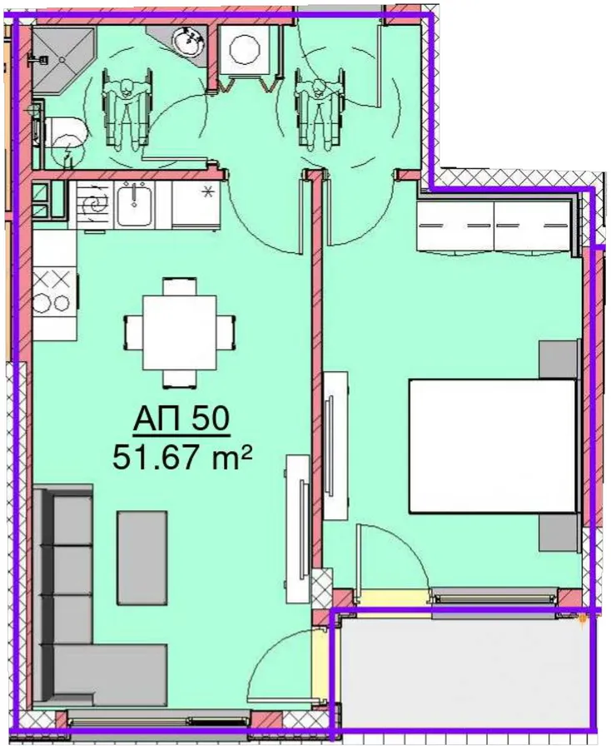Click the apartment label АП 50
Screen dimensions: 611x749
tap(181, 420)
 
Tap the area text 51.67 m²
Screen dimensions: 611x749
tap(181, 458)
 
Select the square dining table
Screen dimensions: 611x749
tap(179, 332)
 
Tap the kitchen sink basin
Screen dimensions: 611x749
tap(135, 204)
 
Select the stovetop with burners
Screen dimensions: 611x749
tap(54, 292)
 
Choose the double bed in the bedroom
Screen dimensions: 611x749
tap(492, 446)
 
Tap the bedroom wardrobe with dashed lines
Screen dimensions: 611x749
tap(494, 225)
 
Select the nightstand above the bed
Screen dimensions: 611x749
tap(557, 360)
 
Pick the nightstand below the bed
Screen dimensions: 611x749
tap(558, 533)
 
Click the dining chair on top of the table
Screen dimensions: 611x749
tap(179, 286)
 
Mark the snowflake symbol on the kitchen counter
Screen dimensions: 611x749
tap(207, 192)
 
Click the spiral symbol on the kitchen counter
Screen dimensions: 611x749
tap(92, 206)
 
